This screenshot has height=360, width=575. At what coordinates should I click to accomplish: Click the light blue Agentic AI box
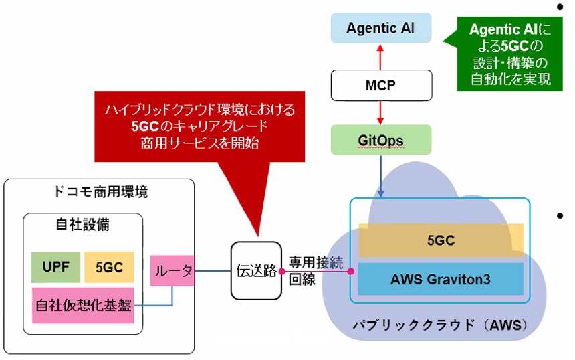pos(381,28)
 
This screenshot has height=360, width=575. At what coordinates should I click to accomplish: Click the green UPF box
pos(55,268)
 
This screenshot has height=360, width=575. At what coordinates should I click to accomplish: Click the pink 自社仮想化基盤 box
pos(84,305)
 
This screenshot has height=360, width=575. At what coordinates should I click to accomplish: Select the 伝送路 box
pos(256,271)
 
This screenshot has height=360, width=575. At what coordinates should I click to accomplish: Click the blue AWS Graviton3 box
pos(441,279)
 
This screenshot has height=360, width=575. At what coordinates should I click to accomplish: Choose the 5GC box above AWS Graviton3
pos(441,240)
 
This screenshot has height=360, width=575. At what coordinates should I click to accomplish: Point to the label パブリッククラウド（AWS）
pos(440,326)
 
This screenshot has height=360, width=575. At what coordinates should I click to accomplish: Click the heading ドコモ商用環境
pos(100,192)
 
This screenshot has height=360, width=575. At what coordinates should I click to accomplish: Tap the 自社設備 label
pos(82,226)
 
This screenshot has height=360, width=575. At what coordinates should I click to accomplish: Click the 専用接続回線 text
pos(315,271)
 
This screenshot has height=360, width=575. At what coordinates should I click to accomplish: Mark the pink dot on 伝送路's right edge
pos(282,271)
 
